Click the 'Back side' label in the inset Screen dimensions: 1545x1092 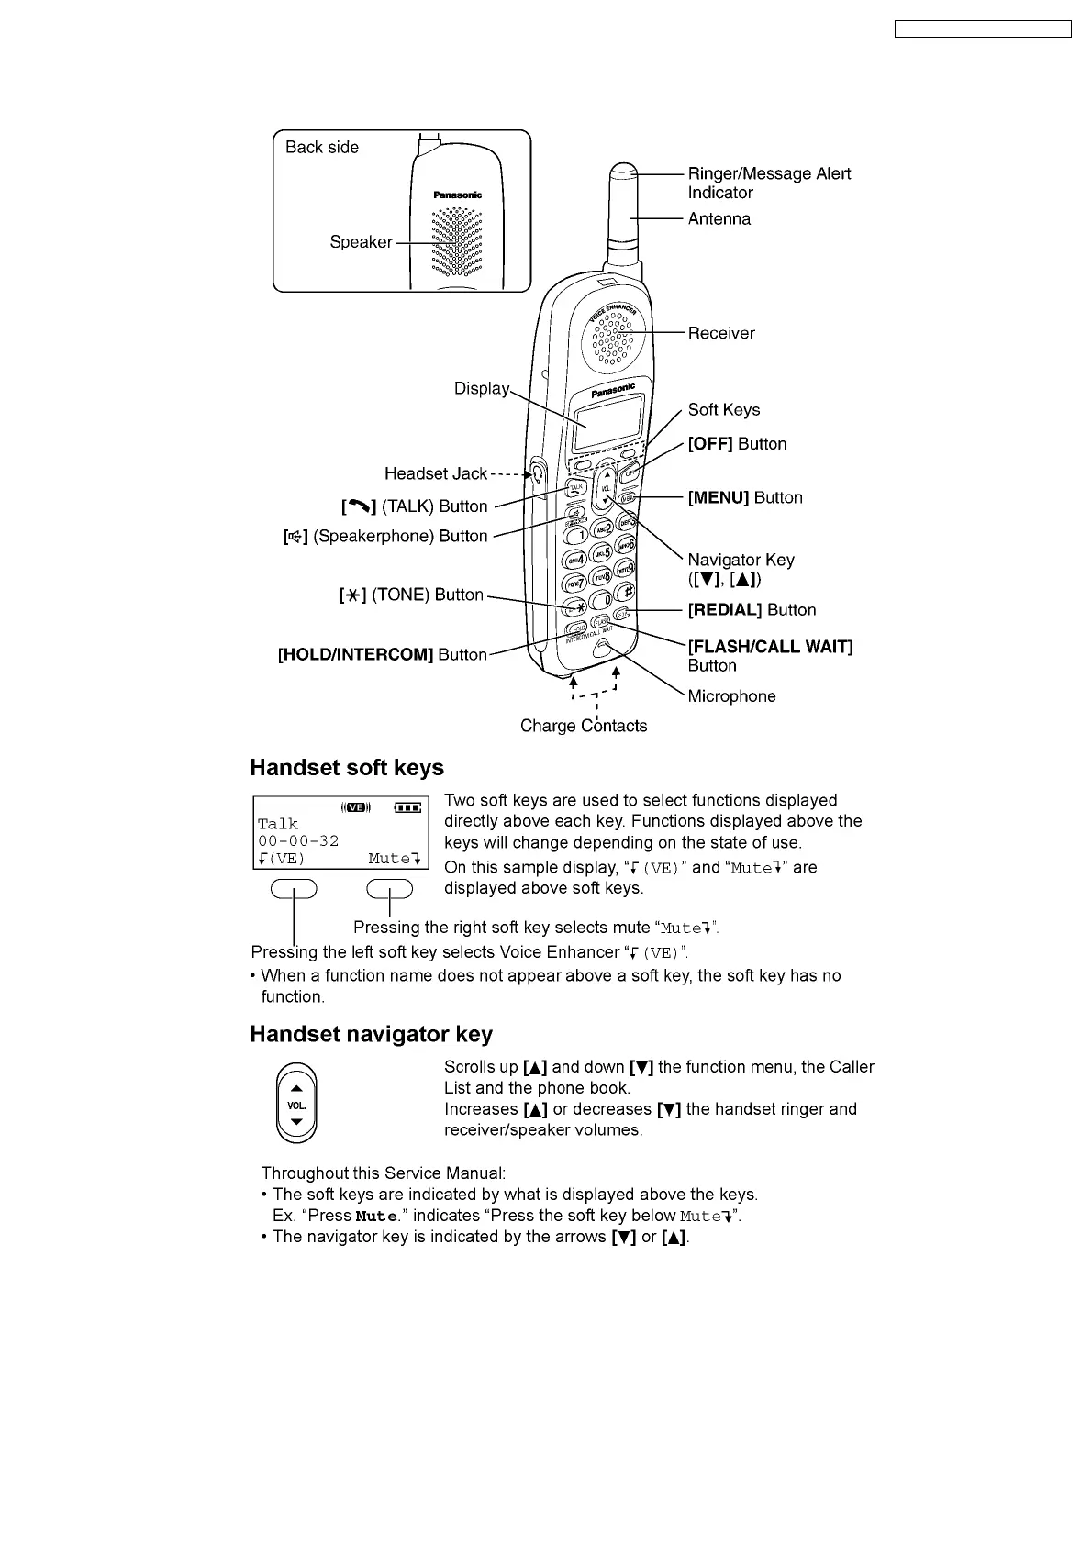[x=321, y=148]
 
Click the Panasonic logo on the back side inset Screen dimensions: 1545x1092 [x=458, y=195]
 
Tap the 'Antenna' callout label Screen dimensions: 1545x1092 [x=719, y=219]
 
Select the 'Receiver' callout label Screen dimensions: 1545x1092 [x=721, y=334]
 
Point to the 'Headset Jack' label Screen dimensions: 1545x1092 [x=436, y=474]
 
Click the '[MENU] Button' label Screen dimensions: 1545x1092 [x=745, y=498]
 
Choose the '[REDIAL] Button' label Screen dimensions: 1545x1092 [x=752, y=610]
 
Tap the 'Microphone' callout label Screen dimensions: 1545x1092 [x=731, y=696]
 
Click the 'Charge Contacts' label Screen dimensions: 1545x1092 [x=584, y=727]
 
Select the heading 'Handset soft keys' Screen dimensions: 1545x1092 [x=347, y=768]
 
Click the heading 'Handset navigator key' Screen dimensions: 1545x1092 [x=372, y=1035]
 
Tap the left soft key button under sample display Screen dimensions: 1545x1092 [x=294, y=889]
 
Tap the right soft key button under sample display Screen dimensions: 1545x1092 [x=390, y=889]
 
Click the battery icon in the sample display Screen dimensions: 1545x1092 [x=407, y=808]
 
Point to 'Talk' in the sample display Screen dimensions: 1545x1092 [x=278, y=825]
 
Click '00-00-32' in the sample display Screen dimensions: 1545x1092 [x=298, y=841]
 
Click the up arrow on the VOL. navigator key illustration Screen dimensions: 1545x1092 [x=296, y=1088]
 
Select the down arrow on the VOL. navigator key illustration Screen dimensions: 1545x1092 [x=296, y=1122]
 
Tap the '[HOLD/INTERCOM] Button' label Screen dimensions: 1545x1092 [x=383, y=655]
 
